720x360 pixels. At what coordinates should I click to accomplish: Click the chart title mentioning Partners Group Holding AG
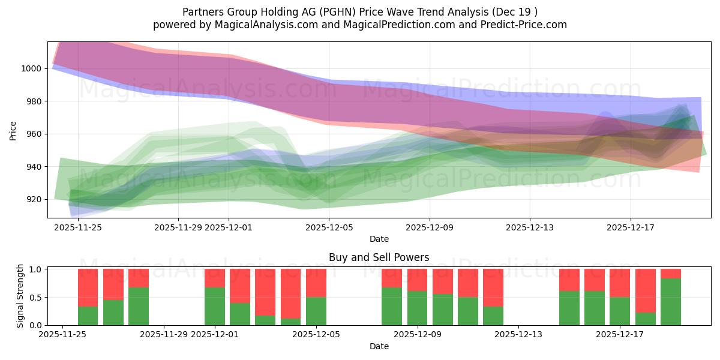[x=360, y=11]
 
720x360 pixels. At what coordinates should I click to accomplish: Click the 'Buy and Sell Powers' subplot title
[x=379, y=257]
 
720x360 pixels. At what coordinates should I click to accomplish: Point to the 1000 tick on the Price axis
[x=32, y=68]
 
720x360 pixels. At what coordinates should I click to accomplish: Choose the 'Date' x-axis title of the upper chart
[x=379, y=239]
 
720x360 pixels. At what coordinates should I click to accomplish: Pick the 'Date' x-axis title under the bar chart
[x=379, y=346]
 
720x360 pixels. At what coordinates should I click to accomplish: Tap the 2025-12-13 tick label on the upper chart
[x=529, y=227]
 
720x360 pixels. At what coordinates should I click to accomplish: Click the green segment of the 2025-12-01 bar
[x=215, y=306]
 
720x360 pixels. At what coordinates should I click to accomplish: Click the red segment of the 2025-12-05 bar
[x=316, y=283]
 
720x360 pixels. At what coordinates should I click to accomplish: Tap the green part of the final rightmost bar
[x=671, y=302]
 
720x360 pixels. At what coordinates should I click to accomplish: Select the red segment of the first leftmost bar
[x=88, y=287]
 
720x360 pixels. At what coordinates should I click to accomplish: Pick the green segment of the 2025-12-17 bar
[x=620, y=311]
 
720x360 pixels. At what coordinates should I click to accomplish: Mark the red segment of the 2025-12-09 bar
[x=418, y=280]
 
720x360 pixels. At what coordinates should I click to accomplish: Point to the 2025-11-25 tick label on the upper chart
[x=77, y=227]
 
